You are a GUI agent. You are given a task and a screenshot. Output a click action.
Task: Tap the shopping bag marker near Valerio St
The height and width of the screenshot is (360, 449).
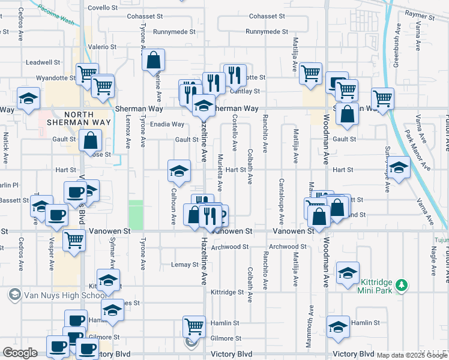[154, 60]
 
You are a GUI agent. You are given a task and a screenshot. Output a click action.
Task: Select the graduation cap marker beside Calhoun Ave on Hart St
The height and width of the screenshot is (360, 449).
[179, 171]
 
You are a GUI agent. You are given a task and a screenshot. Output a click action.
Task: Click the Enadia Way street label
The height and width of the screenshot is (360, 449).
[167, 124]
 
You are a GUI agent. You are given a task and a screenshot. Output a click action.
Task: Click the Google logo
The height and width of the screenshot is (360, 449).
[20, 353]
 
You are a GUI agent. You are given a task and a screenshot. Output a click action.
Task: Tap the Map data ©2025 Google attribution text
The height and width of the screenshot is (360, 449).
[412, 355]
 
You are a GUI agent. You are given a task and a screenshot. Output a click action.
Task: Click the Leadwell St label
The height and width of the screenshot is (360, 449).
[43, 62]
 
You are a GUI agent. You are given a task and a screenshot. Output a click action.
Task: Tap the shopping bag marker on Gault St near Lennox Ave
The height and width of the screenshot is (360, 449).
[90, 142]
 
